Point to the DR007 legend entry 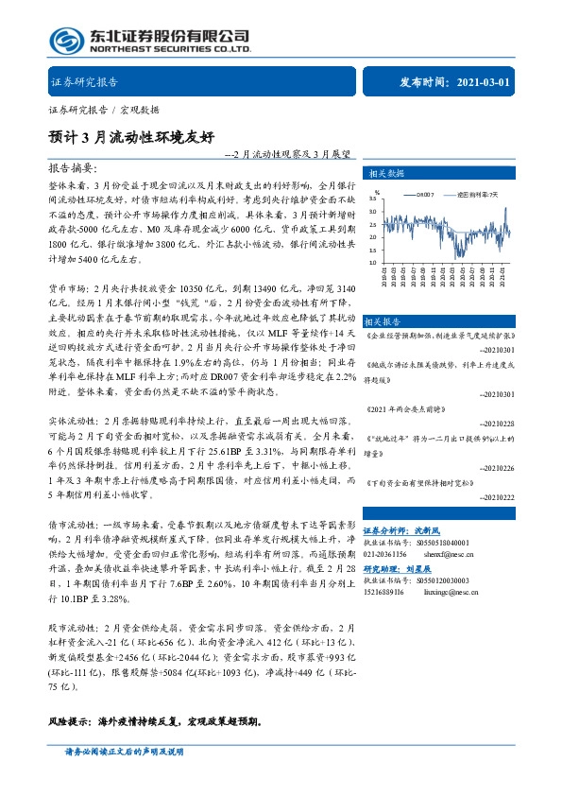(x=420, y=193)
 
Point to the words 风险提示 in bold (x=69, y=720)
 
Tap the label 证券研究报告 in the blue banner (x=82, y=82)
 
